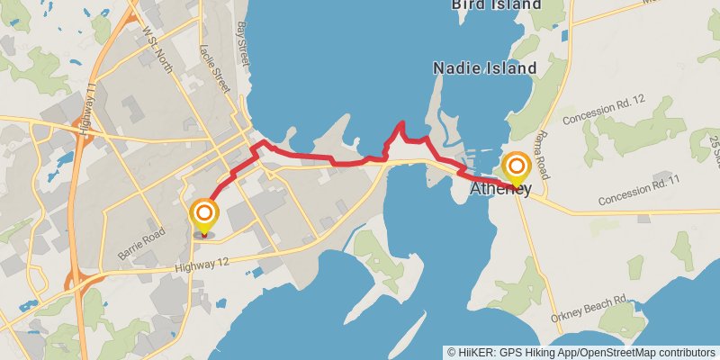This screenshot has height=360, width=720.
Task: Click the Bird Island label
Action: pos(497,4)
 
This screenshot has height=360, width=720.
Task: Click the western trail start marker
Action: pos(204,214)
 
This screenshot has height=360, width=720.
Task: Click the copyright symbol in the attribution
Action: pos(451,352)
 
